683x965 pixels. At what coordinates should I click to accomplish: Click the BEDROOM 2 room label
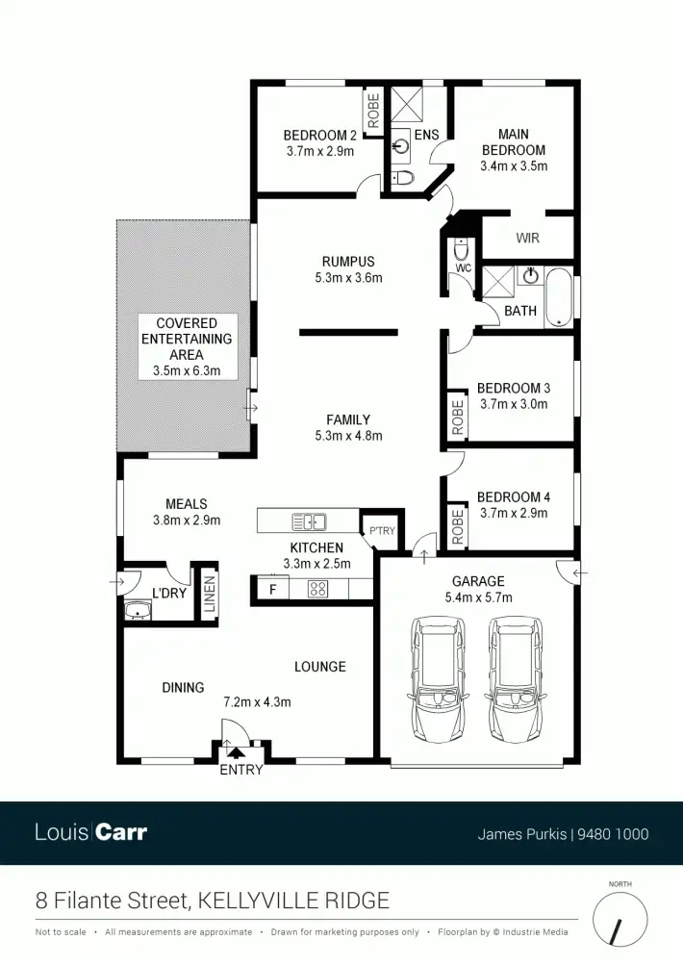click(x=320, y=136)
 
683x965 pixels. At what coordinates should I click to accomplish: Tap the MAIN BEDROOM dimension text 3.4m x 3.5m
click(x=514, y=165)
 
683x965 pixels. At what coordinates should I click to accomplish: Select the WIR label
click(x=527, y=237)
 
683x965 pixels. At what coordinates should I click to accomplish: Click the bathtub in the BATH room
click(x=558, y=298)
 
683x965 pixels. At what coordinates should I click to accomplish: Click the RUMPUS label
click(x=348, y=262)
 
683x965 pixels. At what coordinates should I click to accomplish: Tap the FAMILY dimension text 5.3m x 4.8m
click(x=348, y=436)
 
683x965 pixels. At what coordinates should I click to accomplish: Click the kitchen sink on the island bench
click(x=310, y=522)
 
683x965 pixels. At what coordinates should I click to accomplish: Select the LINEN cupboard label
click(x=208, y=594)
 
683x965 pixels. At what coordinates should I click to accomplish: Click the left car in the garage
click(x=439, y=678)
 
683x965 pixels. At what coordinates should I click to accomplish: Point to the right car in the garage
click(x=514, y=678)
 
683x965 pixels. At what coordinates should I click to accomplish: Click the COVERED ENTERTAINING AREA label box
click(x=187, y=346)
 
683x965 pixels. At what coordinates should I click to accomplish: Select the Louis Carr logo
click(x=90, y=832)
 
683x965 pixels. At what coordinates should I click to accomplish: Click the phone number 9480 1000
click(x=614, y=834)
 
